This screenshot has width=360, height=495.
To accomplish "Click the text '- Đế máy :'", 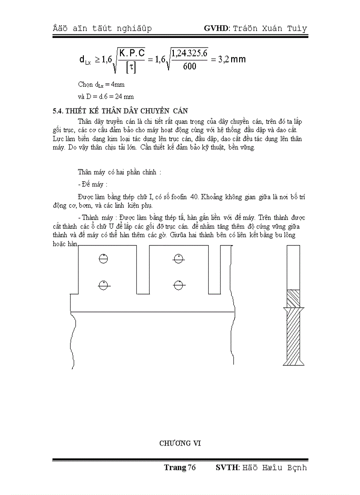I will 93,184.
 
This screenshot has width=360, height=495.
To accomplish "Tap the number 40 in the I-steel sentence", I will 194,197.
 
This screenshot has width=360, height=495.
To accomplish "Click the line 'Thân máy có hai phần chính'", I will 119,172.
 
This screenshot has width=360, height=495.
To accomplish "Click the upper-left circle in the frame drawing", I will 103,259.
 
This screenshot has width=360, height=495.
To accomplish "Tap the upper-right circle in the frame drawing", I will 178,259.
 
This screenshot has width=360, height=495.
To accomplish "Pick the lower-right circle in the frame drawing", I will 178,286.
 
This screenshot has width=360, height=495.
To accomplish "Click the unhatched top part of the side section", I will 293,267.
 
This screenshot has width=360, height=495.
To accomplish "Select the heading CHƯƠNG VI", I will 180,443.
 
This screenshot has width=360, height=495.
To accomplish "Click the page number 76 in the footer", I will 191,468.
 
